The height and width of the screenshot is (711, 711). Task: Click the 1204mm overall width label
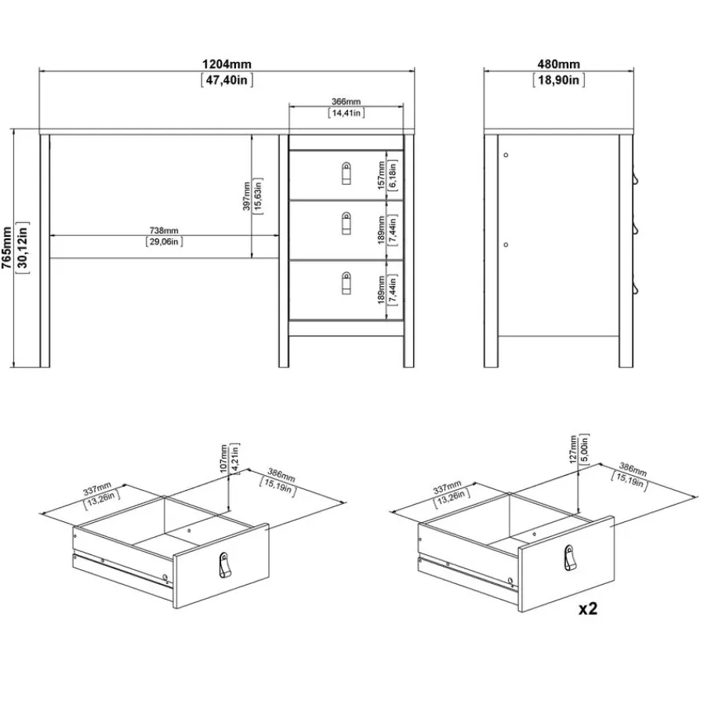click(x=227, y=64)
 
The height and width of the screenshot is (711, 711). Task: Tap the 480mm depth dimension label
click(x=558, y=64)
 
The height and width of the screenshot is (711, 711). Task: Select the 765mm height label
click(x=7, y=248)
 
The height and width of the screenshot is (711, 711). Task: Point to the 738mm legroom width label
click(x=164, y=230)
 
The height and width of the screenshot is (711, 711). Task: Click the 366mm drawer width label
click(x=346, y=102)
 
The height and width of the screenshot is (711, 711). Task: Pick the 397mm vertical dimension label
click(x=247, y=196)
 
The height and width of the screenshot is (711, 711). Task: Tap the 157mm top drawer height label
click(x=381, y=175)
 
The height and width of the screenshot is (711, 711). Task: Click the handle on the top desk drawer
click(x=346, y=173)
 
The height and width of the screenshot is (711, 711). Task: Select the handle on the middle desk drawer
click(x=346, y=223)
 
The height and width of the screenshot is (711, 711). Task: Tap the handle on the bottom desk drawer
click(x=346, y=283)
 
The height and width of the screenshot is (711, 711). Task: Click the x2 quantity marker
click(x=588, y=608)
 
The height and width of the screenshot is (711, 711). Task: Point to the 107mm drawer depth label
click(x=224, y=459)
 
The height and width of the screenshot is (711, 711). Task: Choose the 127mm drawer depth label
click(x=573, y=449)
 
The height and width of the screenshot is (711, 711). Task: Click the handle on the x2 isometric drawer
click(x=570, y=558)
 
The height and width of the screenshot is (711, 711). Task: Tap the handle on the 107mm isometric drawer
click(x=224, y=565)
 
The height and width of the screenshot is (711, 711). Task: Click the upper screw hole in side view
click(x=506, y=155)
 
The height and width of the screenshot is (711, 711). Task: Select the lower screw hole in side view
click(x=506, y=245)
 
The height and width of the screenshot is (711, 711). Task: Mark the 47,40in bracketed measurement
click(x=227, y=80)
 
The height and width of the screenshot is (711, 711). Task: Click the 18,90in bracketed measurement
click(x=559, y=80)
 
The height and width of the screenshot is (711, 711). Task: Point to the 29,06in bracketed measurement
click(x=164, y=241)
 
